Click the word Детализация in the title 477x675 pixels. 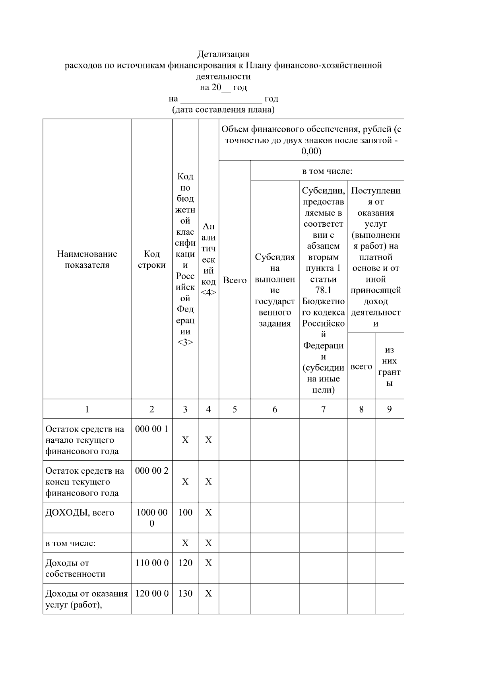[x=223, y=54]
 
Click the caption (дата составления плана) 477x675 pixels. [x=223, y=110]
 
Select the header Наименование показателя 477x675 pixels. [x=87, y=259]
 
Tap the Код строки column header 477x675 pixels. [x=152, y=259]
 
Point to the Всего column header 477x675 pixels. [x=235, y=280]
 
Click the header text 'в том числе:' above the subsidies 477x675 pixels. [x=327, y=171]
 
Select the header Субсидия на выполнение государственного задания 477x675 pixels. [x=275, y=290]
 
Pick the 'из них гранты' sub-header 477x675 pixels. [x=389, y=366]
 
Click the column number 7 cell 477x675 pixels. [x=323, y=409]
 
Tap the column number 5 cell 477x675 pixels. [x=235, y=409]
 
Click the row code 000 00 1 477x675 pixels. [x=152, y=429]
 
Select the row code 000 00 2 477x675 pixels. [x=152, y=471]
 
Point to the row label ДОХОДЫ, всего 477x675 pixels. [x=80, y=513]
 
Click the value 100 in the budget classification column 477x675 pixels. [x=185, y=512]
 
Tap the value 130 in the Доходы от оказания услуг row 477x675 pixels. [x=185, y=594]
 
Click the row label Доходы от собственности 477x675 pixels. [x=75, y=568]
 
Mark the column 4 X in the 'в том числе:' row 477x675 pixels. [x=208, y=543]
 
